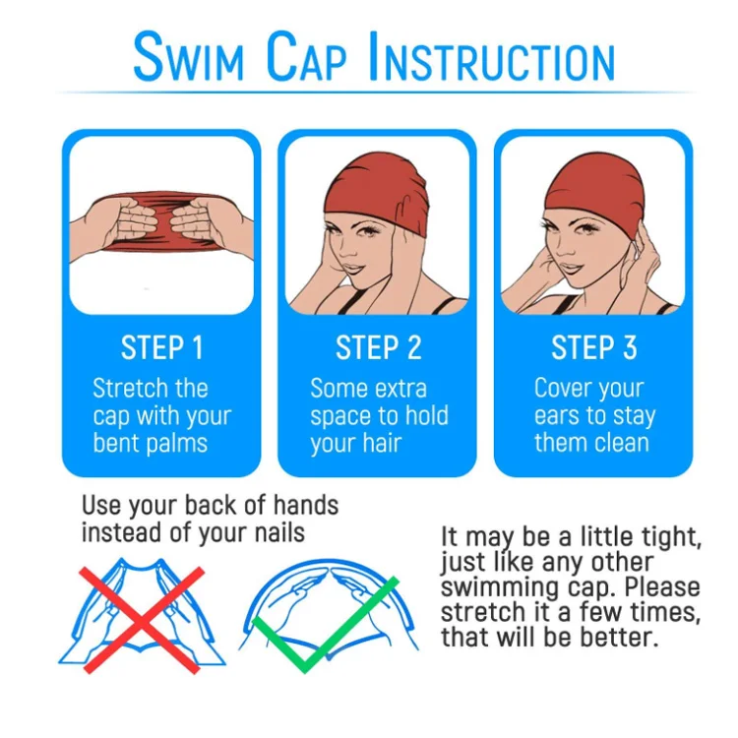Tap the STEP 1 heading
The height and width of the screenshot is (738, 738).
tap(161, 348)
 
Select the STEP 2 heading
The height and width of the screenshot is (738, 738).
tap(378, 348)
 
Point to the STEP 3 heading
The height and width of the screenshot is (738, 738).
tap(593, 348)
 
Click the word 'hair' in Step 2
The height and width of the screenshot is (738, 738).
tap(380, 444)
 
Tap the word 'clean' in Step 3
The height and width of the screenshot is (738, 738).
tap(619, 443)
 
